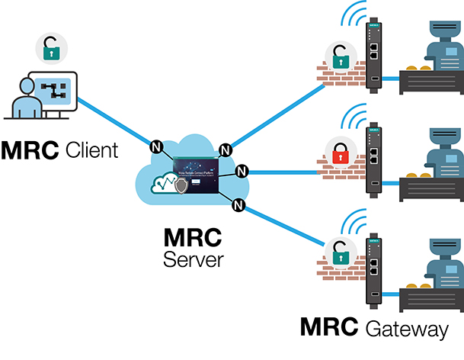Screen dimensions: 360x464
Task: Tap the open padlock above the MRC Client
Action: pos(51,51)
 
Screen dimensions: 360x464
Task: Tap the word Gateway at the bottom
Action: pos(406,329)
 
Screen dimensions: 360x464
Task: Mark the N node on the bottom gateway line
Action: pos(238,204)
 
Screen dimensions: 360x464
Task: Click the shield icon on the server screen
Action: pos(181,185)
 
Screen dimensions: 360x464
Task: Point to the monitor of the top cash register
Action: pos(443,29)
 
